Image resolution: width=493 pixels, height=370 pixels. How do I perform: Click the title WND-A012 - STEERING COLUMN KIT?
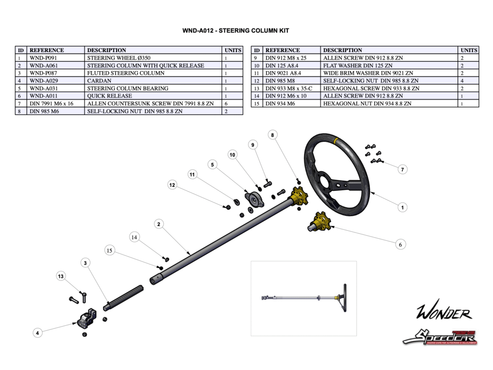pos(235,31)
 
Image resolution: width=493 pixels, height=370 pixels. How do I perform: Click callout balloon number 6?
pos(401,245)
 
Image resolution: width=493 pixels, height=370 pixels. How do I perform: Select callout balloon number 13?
pos(61,276)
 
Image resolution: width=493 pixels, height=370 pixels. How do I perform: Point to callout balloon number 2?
pos(159,224)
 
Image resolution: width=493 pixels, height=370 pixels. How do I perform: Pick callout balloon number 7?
pos(402,169)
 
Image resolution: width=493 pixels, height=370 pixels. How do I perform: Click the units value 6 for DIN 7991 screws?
pos(226,104)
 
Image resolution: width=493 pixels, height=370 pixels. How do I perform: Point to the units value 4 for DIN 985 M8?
pos(462,81)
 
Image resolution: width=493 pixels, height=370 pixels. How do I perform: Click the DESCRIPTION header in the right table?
pos(342,50)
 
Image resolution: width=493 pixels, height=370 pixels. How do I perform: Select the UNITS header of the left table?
pos(233,50)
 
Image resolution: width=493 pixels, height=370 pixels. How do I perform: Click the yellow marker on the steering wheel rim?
pos(337,140)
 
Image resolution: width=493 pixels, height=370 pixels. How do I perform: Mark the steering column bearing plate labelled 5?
pos(253,200)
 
